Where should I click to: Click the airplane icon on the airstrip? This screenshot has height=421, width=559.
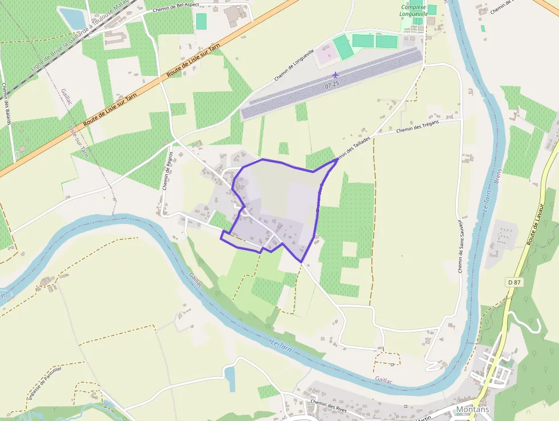click(x=335, y=74)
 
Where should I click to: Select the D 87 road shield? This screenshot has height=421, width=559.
click(x=513, y=282)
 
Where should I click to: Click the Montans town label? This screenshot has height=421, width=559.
click(x=472, y=410)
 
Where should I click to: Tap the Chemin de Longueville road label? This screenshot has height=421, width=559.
click(x=294, y=64)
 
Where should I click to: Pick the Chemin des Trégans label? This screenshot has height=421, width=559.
click(x=418, y=127)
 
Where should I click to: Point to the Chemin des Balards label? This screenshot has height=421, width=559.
click(x=7, y=102)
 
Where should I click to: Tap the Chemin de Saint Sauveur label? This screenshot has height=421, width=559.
click(x=461, y=244)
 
